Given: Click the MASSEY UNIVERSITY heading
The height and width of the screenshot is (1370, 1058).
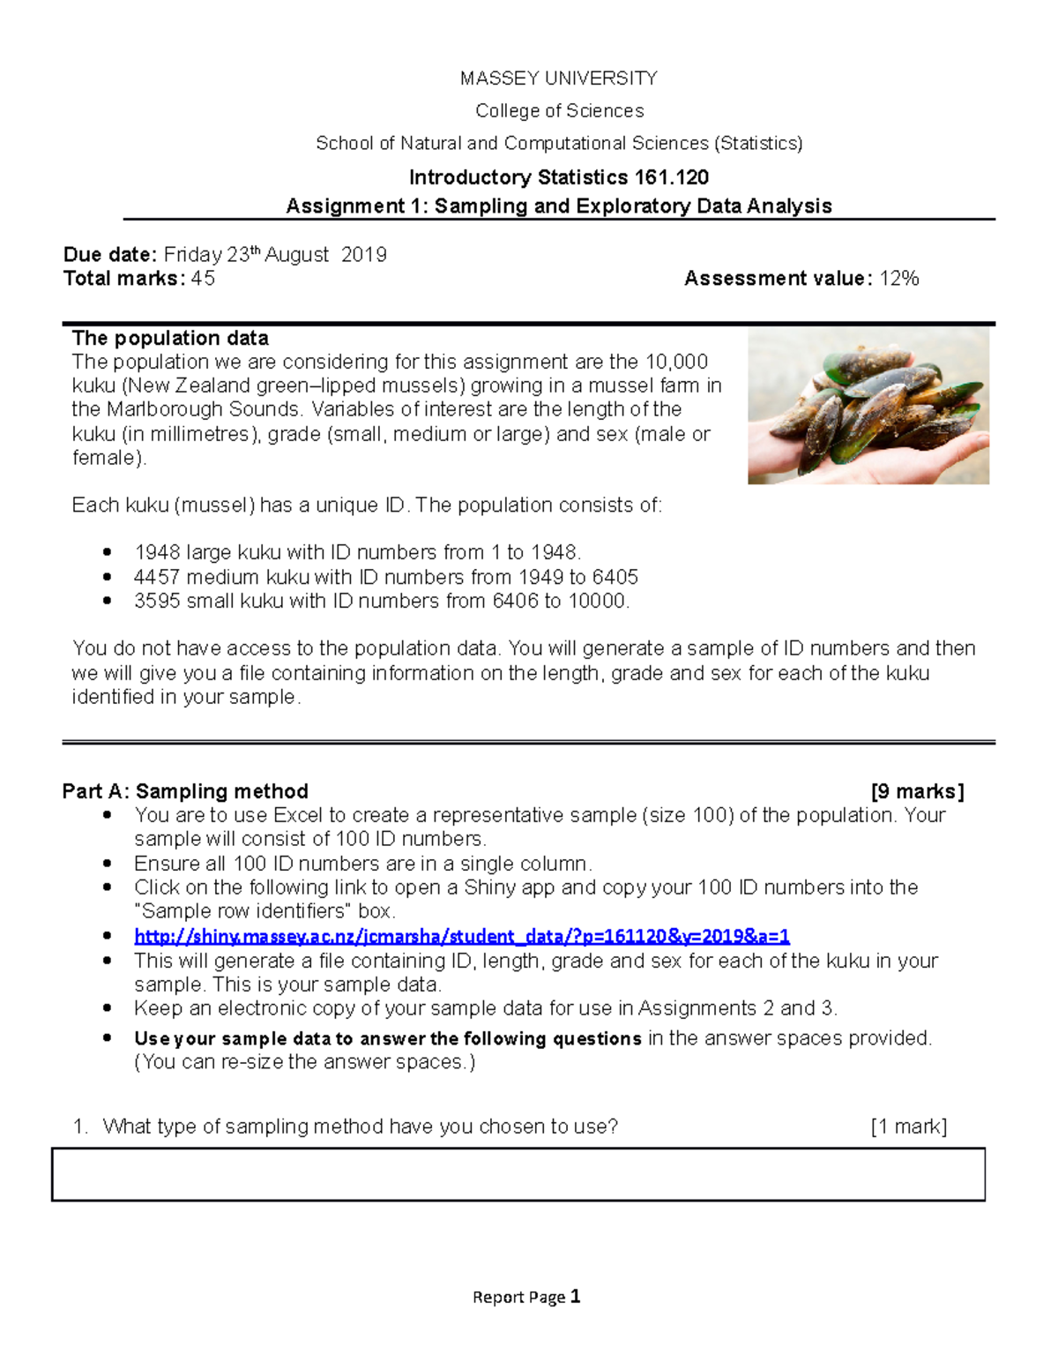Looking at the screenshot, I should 558,79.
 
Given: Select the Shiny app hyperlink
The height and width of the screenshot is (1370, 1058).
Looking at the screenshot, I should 461,936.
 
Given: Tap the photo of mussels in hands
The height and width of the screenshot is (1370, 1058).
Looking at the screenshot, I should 868,407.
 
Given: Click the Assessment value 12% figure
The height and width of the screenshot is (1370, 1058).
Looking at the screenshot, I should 899,279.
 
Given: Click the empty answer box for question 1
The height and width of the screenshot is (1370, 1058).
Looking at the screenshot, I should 518,1174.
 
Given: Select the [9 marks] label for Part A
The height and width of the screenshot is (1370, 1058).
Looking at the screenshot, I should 917,791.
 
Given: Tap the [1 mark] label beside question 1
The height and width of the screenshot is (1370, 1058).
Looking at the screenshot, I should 908,1127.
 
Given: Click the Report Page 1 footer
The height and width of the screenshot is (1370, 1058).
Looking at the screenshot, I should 526,1297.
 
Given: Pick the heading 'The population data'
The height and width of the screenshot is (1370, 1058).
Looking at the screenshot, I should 170,338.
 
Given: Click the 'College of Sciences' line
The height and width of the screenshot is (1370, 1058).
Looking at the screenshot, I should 559,111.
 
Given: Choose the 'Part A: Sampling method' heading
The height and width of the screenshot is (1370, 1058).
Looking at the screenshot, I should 185,791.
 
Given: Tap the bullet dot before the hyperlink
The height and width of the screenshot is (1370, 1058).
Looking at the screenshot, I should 108,936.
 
